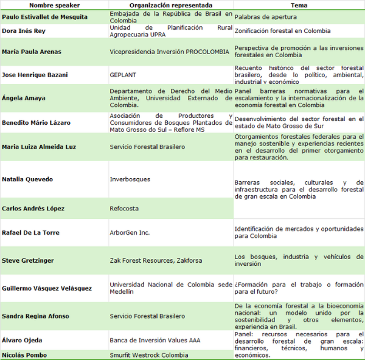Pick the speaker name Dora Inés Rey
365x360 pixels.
25,30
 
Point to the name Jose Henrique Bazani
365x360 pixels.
36,74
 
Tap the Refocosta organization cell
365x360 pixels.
124,209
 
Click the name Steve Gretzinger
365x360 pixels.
28,260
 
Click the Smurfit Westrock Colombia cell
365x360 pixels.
149,355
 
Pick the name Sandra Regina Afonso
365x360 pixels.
35,316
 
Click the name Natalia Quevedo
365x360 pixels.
27,179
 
